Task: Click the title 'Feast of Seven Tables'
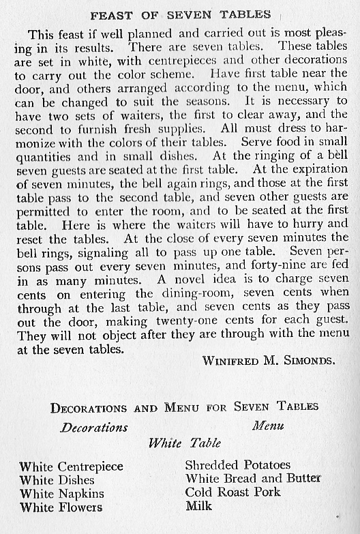181,14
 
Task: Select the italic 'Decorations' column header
94,428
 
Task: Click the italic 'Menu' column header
268,426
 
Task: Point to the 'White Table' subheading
185,443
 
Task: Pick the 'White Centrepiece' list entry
72,467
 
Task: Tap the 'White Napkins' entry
62,494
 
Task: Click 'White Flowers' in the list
61,507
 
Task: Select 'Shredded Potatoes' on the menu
238,465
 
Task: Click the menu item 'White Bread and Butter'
253,479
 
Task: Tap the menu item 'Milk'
198,506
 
